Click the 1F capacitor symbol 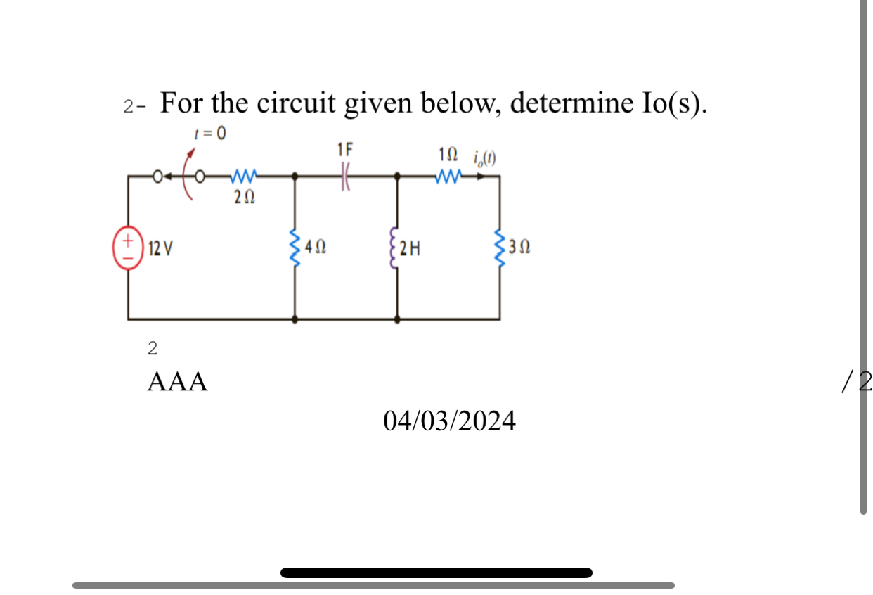tap(345, 177)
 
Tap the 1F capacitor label tap(345, 150)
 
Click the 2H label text tap(411, 248)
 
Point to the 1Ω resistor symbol tap(448, 176)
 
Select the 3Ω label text tap(520, 248)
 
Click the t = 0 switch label tap(210, 133)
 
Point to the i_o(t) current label tap(483, 156)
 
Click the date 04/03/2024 tap(449, 421)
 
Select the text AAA tap(178, 382)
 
